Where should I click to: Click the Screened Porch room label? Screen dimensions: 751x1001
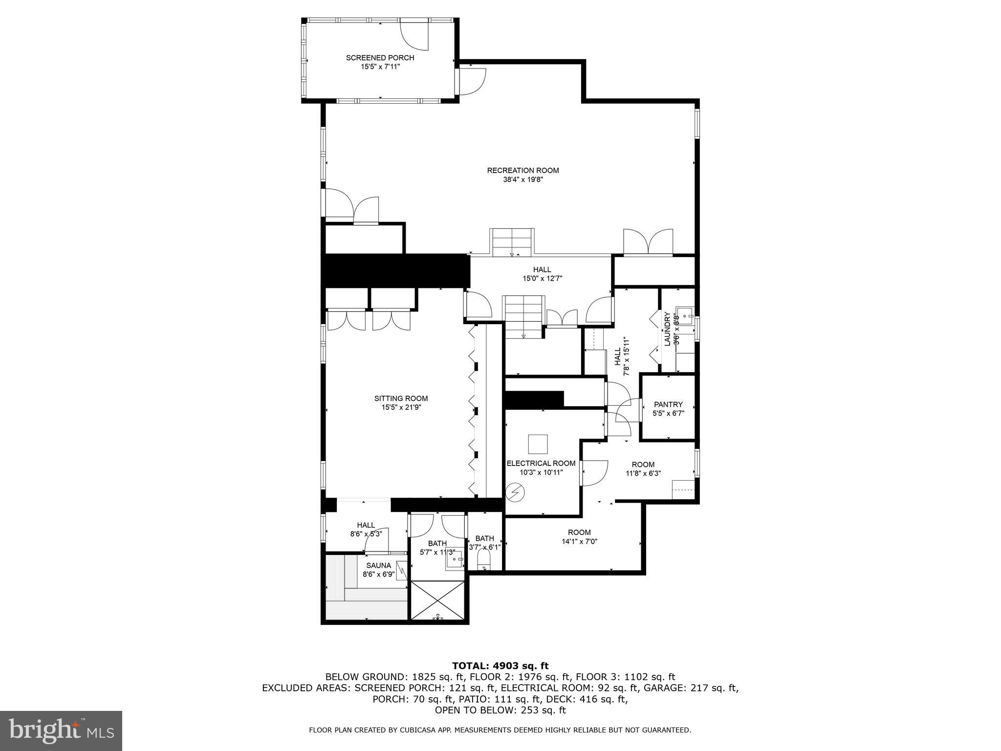tap(380, 58)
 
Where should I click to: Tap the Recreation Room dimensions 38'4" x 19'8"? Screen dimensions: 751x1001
tap(522, 179)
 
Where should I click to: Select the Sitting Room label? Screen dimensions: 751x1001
tap(401, 398)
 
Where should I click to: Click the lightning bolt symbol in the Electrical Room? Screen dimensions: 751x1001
tap(514, 493)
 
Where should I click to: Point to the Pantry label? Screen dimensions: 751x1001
tap(668, 404)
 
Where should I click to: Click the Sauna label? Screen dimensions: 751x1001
tap(378, 565)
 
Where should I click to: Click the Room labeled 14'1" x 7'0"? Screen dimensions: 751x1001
tap(579, 537)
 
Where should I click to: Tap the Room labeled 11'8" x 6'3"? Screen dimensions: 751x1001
tap(643, 469)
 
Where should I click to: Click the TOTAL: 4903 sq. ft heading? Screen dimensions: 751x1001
tap(500, 665)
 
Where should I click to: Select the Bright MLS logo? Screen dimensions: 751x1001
tap(61, 730)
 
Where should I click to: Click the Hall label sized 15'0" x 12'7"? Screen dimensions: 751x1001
tap(542, 274)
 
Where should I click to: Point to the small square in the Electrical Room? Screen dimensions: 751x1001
tap(538, 444)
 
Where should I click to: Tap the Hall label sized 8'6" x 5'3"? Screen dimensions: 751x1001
tap(366, 530)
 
